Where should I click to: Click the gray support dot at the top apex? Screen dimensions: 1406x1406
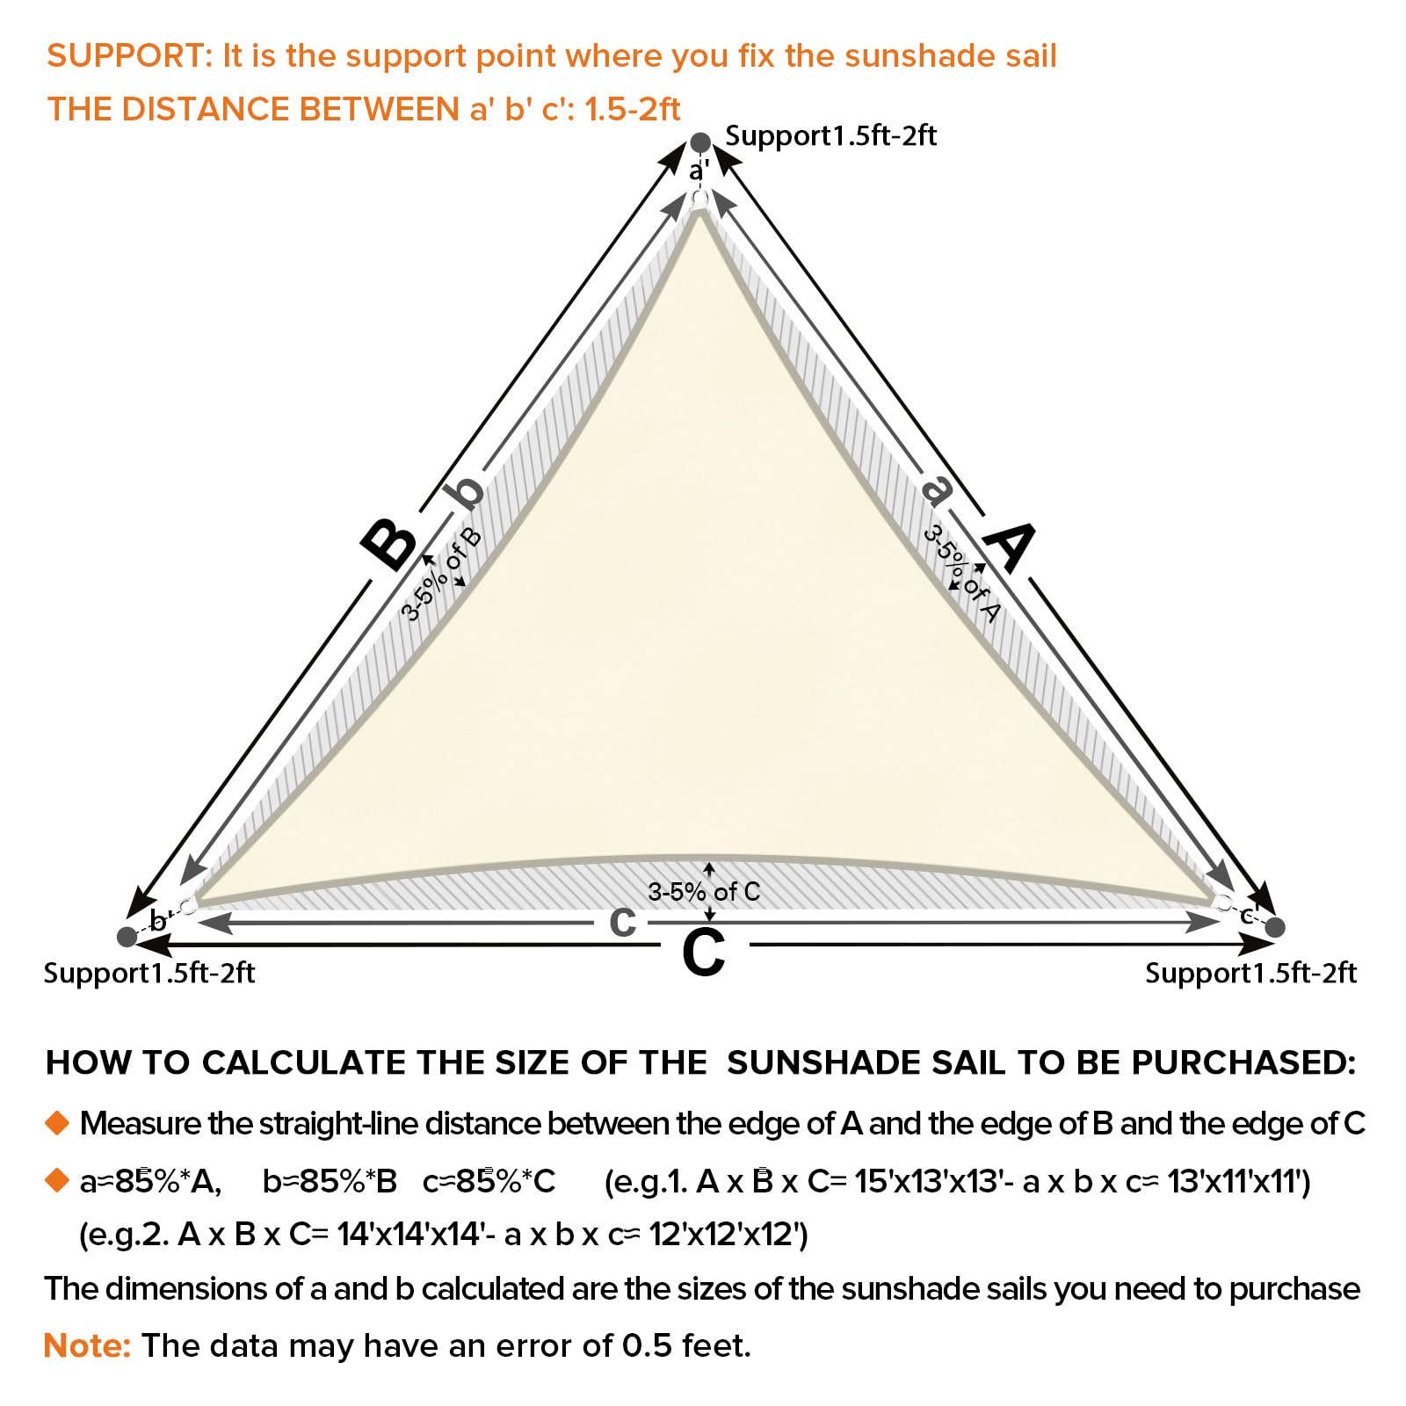pyautogui.click(x=699, y=142)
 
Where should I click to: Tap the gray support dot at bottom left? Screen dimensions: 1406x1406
pyautogui.click(x=127, y=937)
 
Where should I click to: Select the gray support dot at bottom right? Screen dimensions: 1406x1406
pyautogui.click(x=1276, y=927)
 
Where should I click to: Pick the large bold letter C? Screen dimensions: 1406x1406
pyautogui.click(x=704, y=953)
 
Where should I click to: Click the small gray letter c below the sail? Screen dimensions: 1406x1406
pyautogui.click(x=622, y=922)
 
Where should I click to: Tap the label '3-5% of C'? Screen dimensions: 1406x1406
pyautogui.click(x=703, y=892)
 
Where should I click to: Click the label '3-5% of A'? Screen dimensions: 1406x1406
pyautogui.click(x=961, y=574)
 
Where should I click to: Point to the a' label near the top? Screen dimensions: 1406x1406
pyautogui.click(x=699, y=170)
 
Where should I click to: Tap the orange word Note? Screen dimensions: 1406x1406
pyautogui.click(x=87, y=1345)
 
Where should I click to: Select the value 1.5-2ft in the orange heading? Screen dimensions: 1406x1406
pyautogui.click(x=632, y=109)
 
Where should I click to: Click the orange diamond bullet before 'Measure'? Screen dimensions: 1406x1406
pyautogui.click(x=57, y=1123)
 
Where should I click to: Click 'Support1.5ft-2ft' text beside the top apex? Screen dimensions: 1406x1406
pyautogui.click(x=830, y=136)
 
